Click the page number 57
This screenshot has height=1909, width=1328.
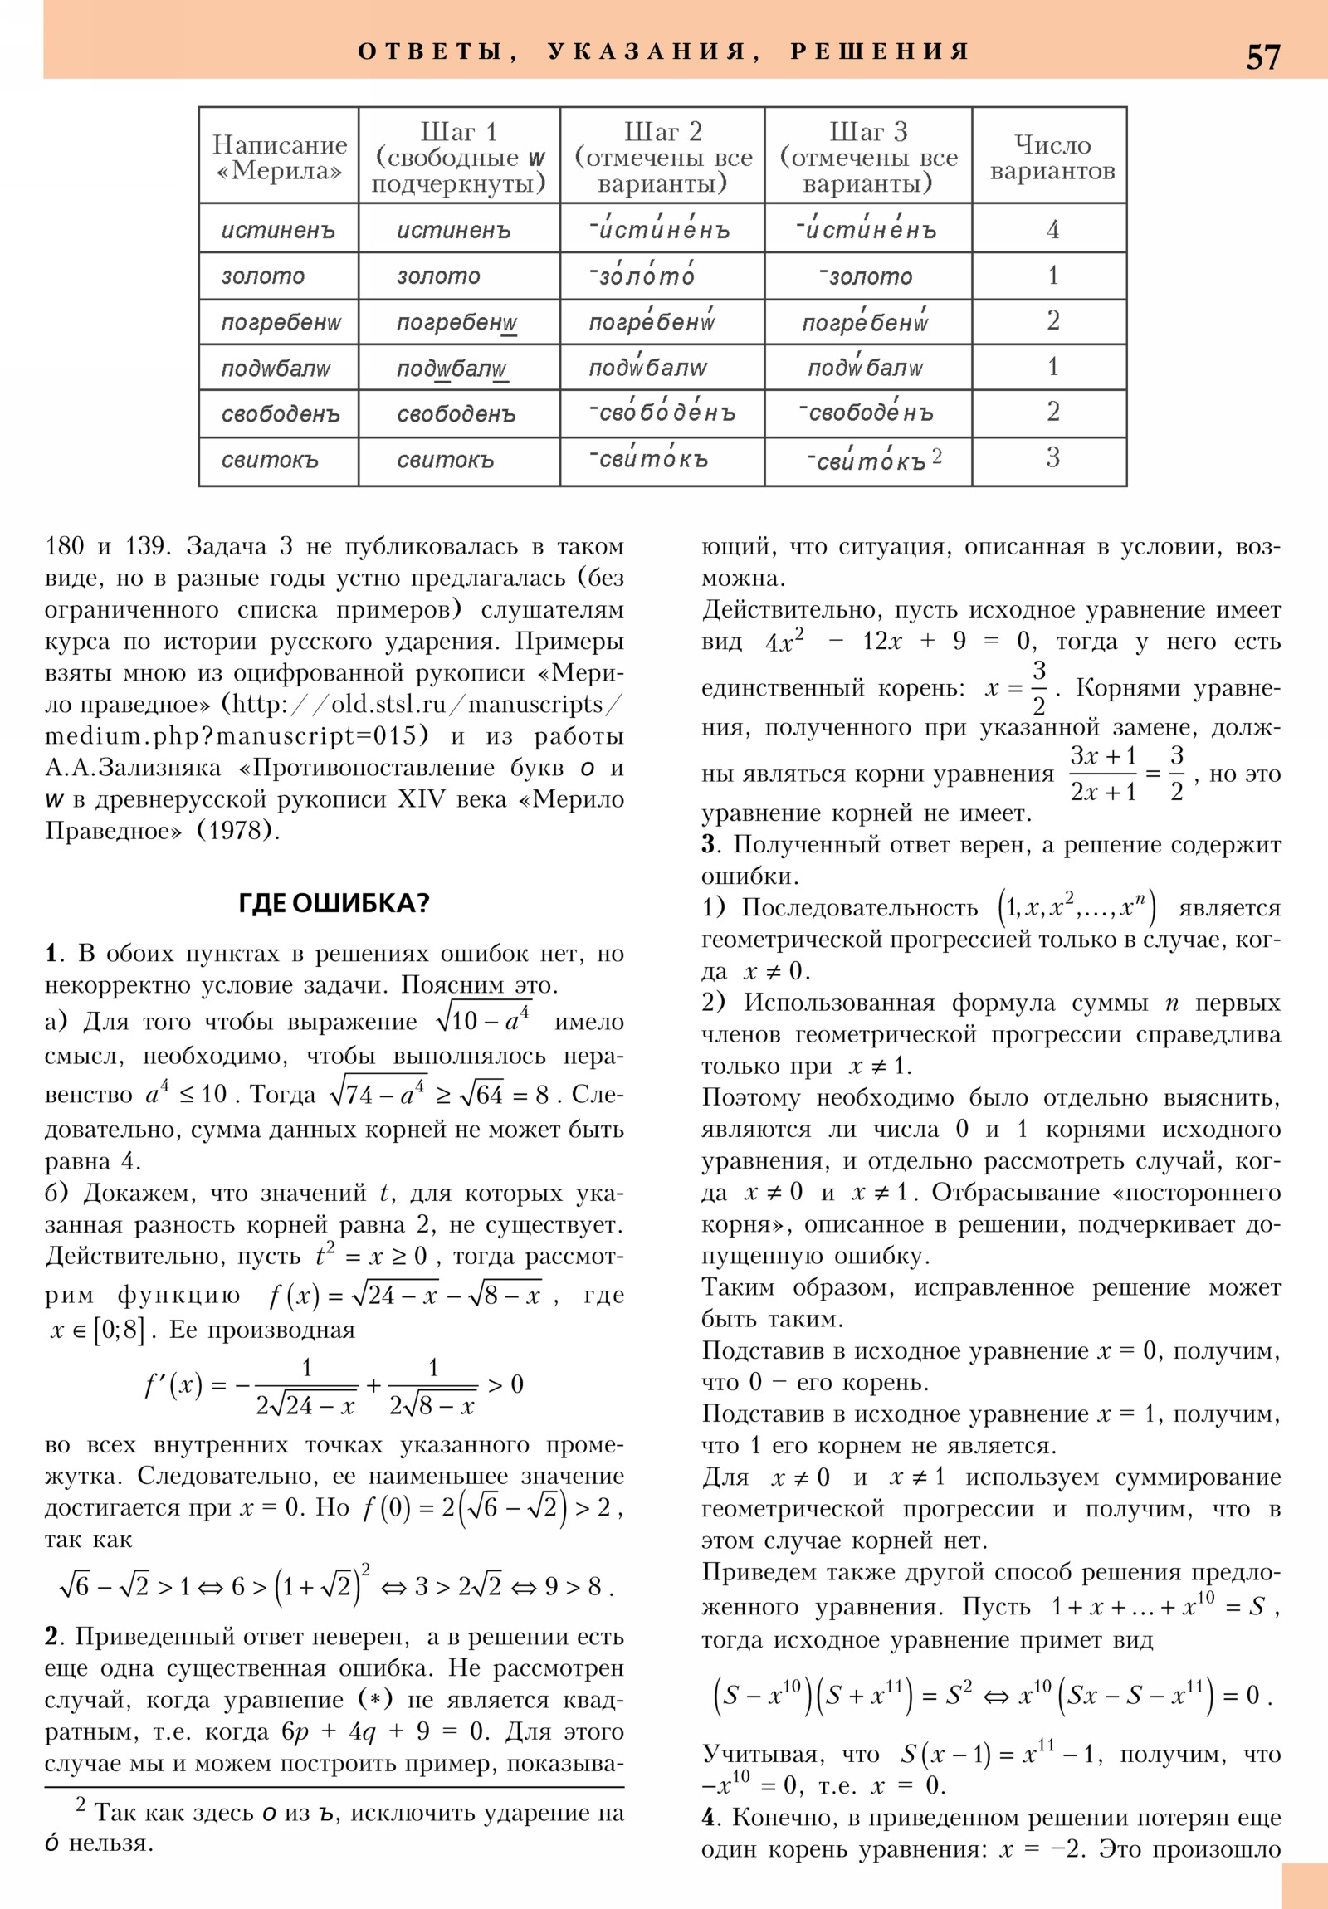(1262, 57)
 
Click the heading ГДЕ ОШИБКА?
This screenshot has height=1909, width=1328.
(334, 903)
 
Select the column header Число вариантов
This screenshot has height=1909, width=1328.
(1052, 157)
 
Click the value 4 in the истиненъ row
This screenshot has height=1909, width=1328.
(1052, 229)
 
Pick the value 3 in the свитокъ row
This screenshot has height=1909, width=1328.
(1052, 458)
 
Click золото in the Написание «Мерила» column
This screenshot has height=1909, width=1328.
(263, 276)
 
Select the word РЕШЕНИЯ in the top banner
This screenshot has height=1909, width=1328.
(880, 51)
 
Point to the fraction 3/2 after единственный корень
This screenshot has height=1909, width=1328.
(1038, 687)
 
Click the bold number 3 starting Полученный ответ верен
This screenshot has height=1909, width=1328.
(708, 845)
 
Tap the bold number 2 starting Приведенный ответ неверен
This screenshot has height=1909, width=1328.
(51, 1636)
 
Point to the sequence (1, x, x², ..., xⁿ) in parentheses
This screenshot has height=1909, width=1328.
(1076, 907)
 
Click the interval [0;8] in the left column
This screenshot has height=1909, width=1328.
(120, 1330)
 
